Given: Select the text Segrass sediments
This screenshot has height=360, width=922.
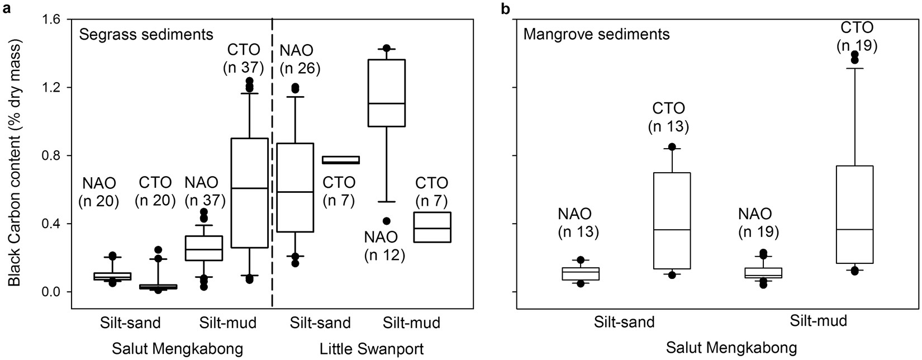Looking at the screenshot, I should pyautogui.click(x=146, y=35).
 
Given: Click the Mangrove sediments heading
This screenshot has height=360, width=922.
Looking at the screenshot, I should pyautogui.click(x=596, y=35).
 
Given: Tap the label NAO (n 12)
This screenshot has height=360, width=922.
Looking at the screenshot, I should pyautogui.click(x=384, y=246).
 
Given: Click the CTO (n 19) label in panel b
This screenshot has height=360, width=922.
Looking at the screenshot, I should pyautogui.click(x=857, y=36).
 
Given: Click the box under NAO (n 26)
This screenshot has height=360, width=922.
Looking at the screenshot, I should pyautogui.click(x=294, y=187).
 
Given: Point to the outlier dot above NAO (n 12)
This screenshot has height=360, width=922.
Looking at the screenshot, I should pyautogui.click(x=386, y=221).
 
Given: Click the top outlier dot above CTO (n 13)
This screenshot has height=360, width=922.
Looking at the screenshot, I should pyautogui.click(x=672, y=147).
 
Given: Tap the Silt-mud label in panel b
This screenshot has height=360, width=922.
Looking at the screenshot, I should pyautogui.click(x=819, y=321).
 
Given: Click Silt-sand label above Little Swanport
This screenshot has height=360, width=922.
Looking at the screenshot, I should pyautogui.click(x=320, y=323).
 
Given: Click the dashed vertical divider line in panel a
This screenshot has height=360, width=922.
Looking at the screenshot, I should pyautogui.click(x=272, y=168).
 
